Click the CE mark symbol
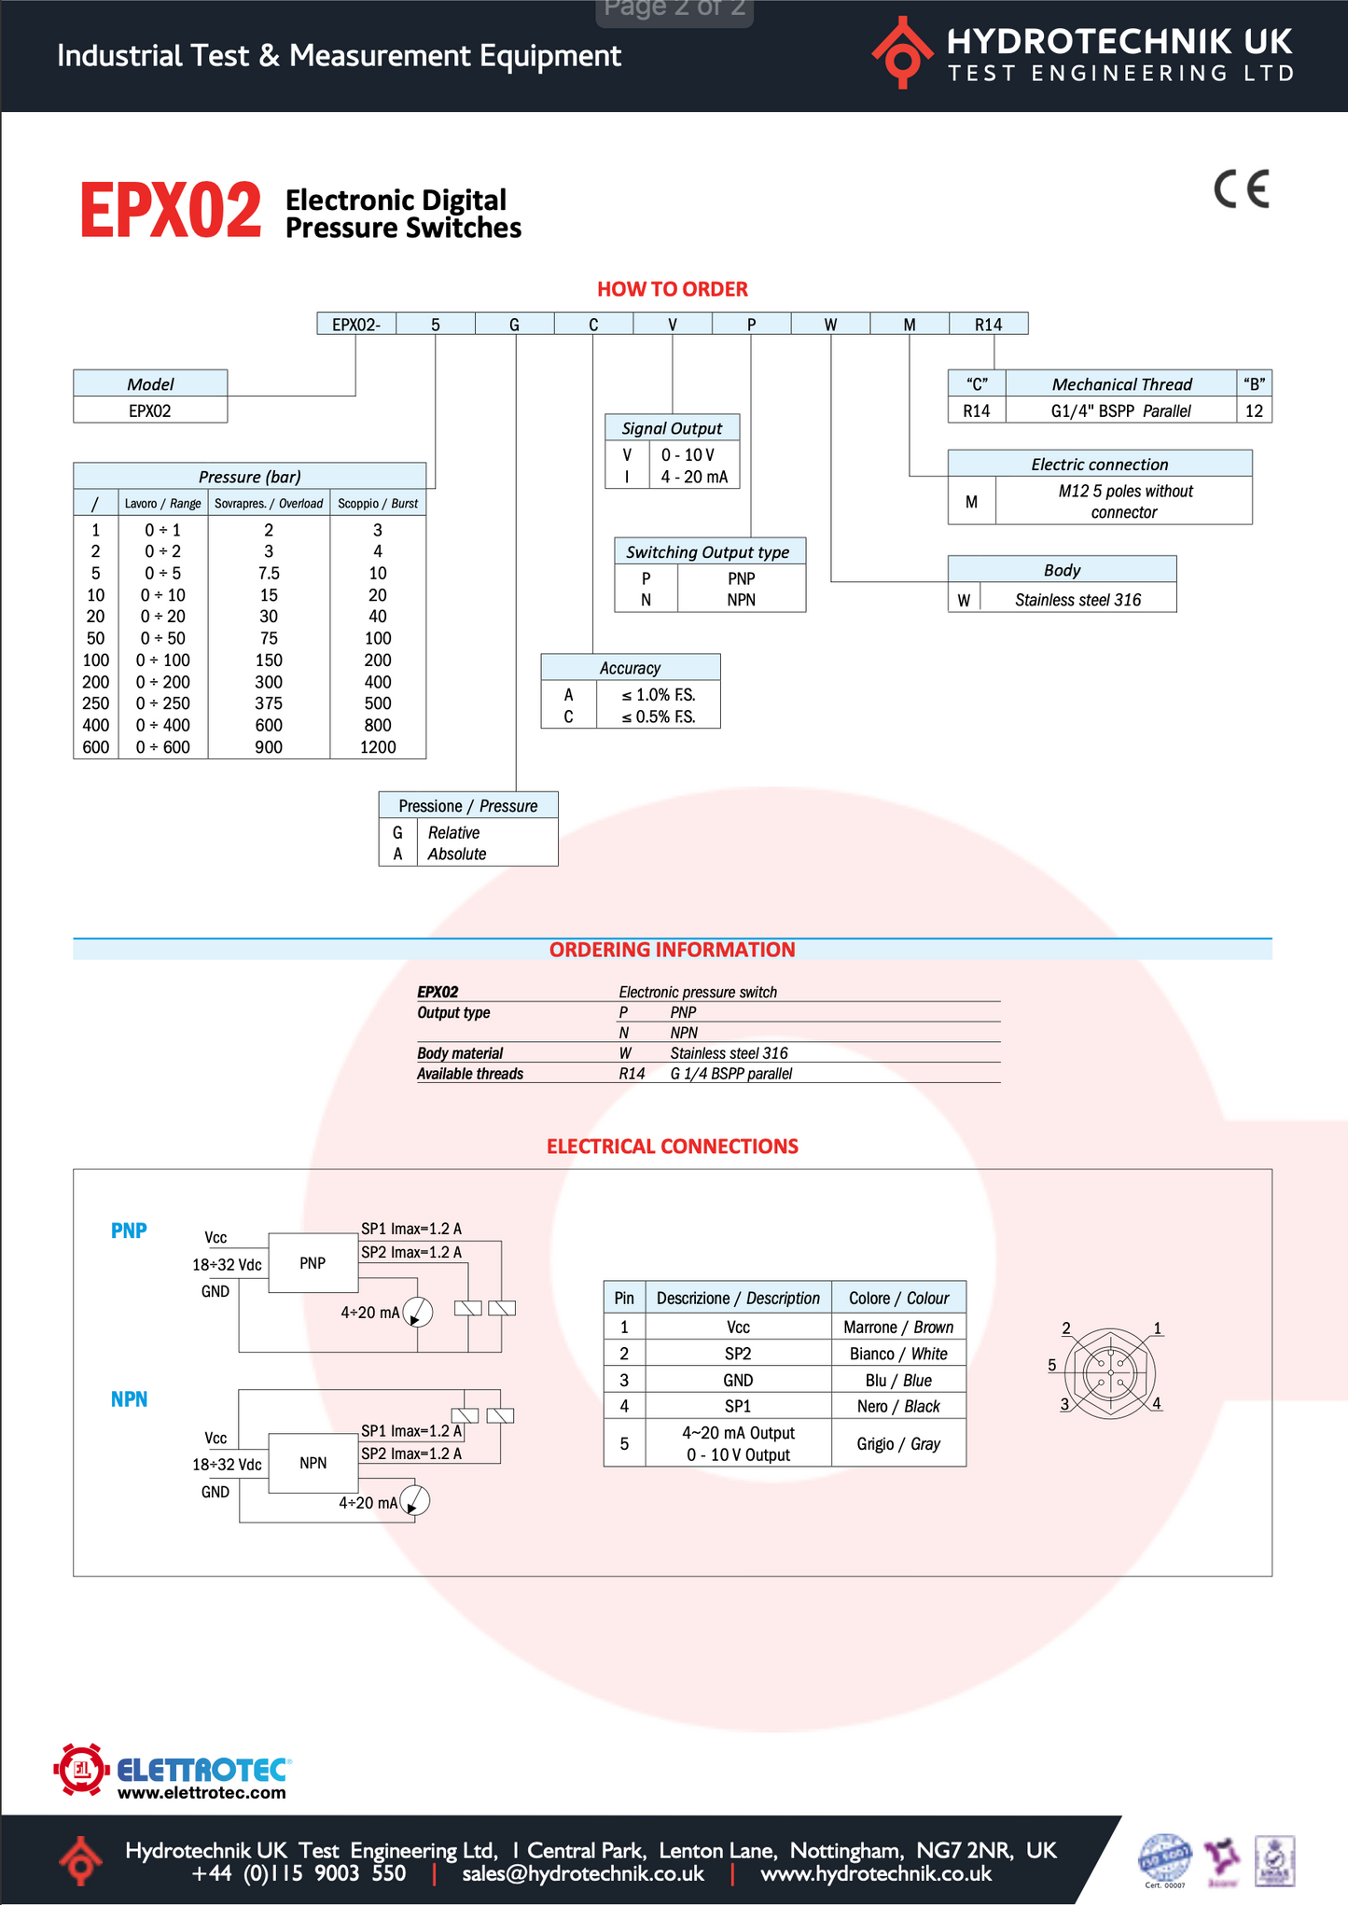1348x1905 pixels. (x=1242, y=189)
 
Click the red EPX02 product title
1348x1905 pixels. (x=171, y=211)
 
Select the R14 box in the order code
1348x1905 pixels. (x=988, y=325)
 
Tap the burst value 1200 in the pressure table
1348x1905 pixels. (x=378, y=747)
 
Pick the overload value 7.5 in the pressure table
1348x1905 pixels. (x=269, y=574)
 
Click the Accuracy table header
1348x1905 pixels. (x=630, y=668)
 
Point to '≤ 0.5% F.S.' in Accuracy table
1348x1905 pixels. (x=658, y=717)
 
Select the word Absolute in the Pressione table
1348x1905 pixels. (x=457, y=855)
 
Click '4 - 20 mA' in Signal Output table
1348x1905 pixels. (x=694, y=477)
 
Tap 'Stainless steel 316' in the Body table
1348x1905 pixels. (x=1077, y=600)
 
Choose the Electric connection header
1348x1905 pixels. (x=1099, y=465)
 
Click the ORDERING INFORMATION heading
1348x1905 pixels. (x=672, y=950)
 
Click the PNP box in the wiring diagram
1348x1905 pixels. (x=313, y=1263)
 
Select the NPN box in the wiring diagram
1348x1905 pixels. (x=313, y=1463)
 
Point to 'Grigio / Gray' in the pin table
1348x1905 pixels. (x=898, y=1444)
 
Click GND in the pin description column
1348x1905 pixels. (x=738, y=1381)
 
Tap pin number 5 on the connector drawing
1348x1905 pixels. (x=1052, y=1365)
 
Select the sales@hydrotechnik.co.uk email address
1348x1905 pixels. (x=583, y=1873)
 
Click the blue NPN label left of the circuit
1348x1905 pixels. (x=129, y=1399)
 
